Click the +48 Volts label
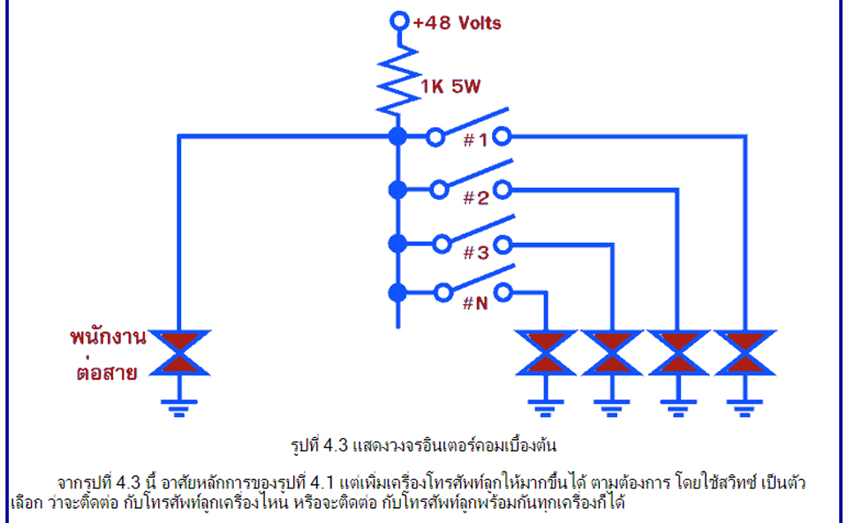[x=457, y=23]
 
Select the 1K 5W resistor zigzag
[x=398, y=80]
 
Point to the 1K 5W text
[x=450, y=86]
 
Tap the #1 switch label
[x=475, y=140]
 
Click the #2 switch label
[x=476, y=197]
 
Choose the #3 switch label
[x=476, y=252]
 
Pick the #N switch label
[x=475, y=303]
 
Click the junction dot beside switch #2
[x=397, y=190]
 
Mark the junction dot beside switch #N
[x=397, y=292]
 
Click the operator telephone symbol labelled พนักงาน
[x=179, y=352]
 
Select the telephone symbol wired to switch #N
[x=546, y=352]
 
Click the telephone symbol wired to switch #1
[x=746, y=352]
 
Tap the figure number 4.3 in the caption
[x=335, y=445]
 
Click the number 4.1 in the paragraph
[x=322, y=481]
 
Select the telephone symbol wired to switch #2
[x=678, y=352]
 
